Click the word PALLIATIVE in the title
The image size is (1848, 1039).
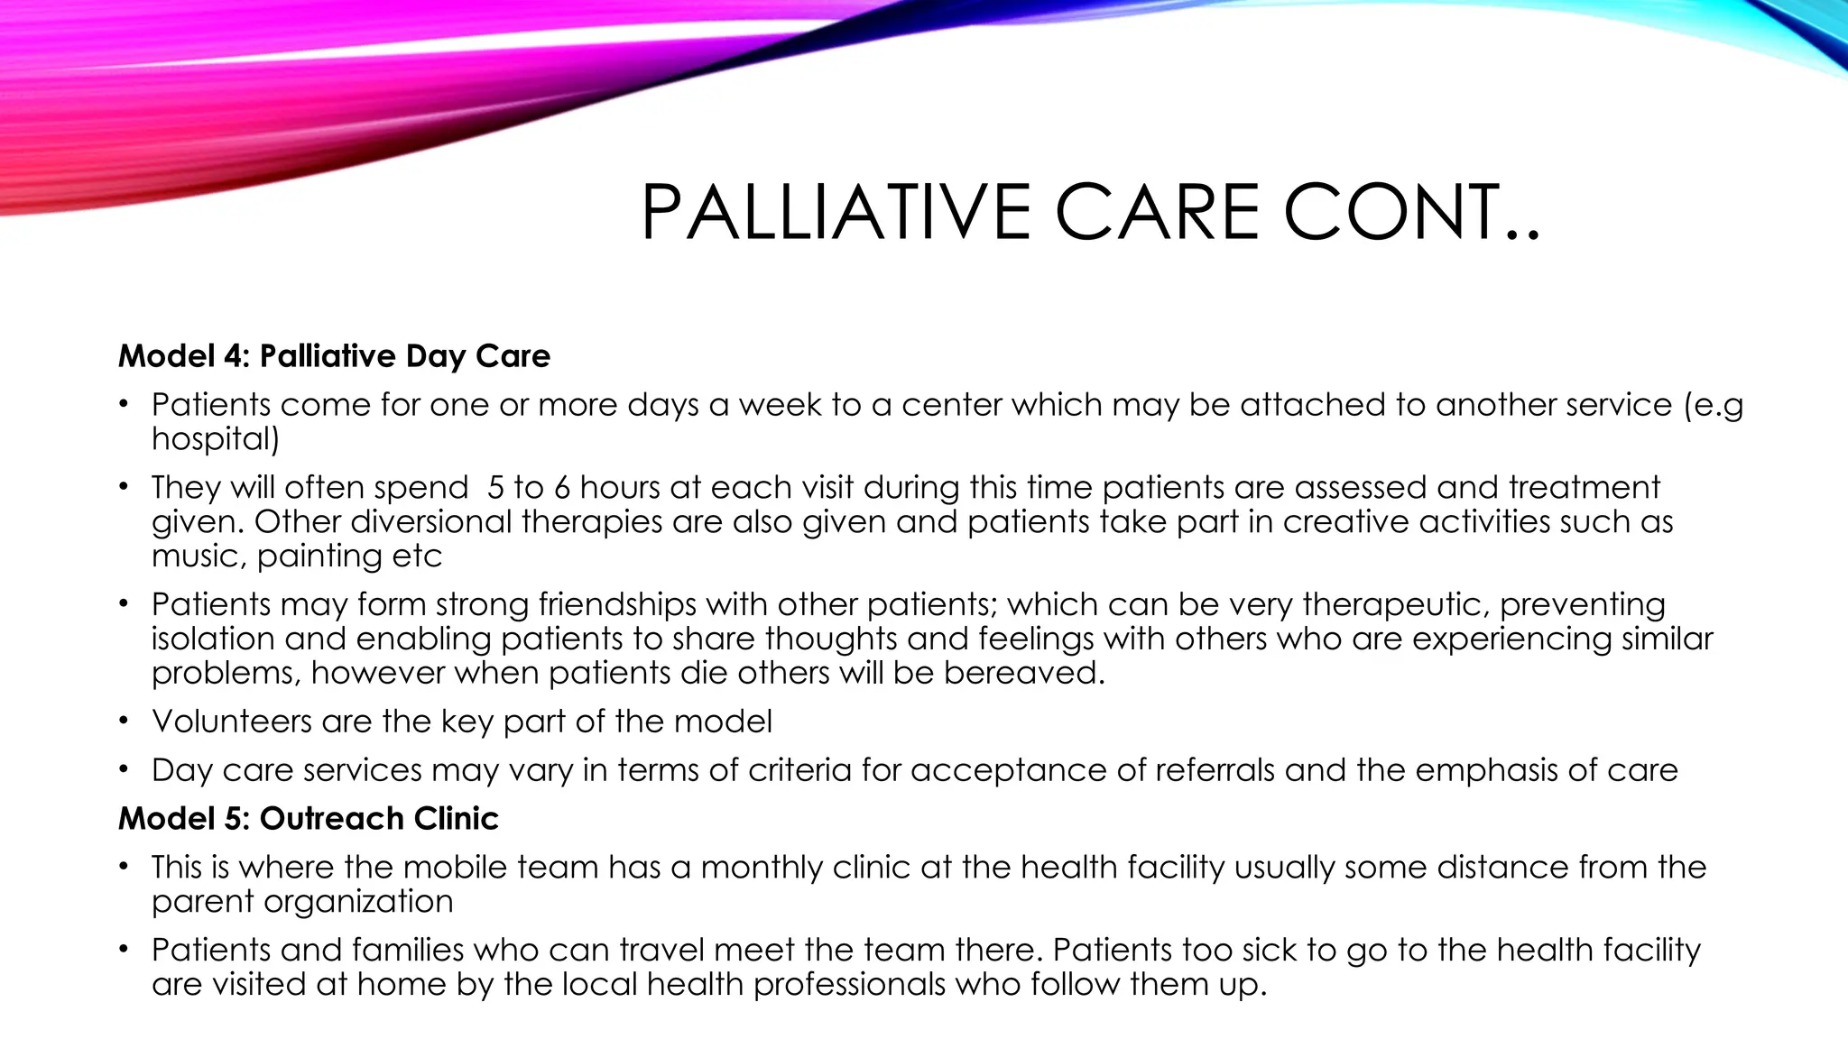pos(835,213)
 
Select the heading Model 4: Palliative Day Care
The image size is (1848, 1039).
pos(334,356)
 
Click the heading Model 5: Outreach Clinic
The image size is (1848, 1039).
pos(309,818)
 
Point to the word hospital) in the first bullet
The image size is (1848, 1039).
pos(216,439)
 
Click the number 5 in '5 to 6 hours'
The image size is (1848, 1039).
pos(495,488)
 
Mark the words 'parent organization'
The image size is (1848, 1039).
pos(302,902)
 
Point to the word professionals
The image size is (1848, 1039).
pos(849,985)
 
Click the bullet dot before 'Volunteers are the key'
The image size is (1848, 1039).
pos(123,722)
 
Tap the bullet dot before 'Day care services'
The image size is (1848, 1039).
pos(123,771)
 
